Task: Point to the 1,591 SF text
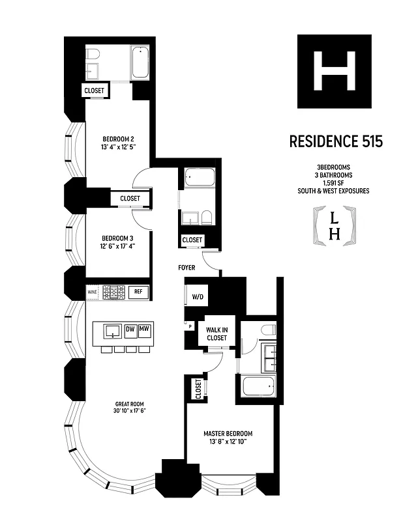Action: [x=335, y=183]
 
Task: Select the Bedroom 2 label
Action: [x=118, y=139]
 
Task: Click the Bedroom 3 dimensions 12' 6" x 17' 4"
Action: [x=118, y=246]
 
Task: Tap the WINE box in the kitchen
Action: [x=93, y=293]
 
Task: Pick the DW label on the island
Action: [x=130, y=330]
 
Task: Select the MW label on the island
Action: [x=145, y=330]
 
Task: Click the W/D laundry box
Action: [x=197, y=297]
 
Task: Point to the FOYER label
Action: [x=188, y=268]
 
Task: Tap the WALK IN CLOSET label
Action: [x=216, y=334]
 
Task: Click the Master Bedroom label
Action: [x=228, y=434]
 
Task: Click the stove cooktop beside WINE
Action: [x=115, y=293]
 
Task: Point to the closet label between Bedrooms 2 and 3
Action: [x=130, y=198]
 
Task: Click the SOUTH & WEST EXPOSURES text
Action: [x=335, y=191]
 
